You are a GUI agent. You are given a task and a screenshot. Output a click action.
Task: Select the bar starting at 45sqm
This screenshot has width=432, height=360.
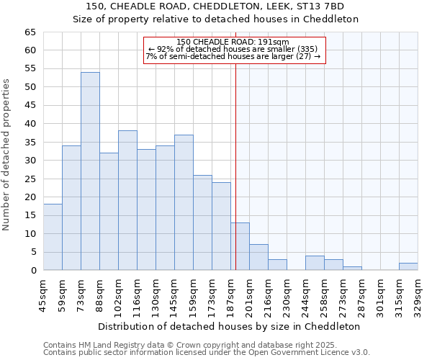(53, 237)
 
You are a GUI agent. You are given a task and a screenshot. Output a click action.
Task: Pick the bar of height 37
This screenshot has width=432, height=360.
(184, 202)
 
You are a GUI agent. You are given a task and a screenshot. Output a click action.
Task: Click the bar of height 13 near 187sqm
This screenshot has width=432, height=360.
(240, 246)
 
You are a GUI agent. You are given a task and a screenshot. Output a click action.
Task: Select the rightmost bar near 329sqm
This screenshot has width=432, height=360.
(408, 266)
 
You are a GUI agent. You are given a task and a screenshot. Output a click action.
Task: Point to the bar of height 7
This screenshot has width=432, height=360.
(258, 257)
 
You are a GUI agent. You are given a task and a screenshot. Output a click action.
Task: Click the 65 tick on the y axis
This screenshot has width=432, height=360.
(30, 32)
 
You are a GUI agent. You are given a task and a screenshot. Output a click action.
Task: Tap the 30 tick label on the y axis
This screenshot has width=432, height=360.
(30, 161)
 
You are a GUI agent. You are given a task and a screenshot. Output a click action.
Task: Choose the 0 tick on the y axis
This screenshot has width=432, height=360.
(32, 271)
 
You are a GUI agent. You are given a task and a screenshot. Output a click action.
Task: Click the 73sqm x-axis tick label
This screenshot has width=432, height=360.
(81, 294)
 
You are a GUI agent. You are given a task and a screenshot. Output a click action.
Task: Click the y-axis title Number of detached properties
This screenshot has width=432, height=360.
(6, 154)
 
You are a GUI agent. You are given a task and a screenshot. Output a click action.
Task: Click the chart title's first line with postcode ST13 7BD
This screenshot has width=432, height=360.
(216, 6)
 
